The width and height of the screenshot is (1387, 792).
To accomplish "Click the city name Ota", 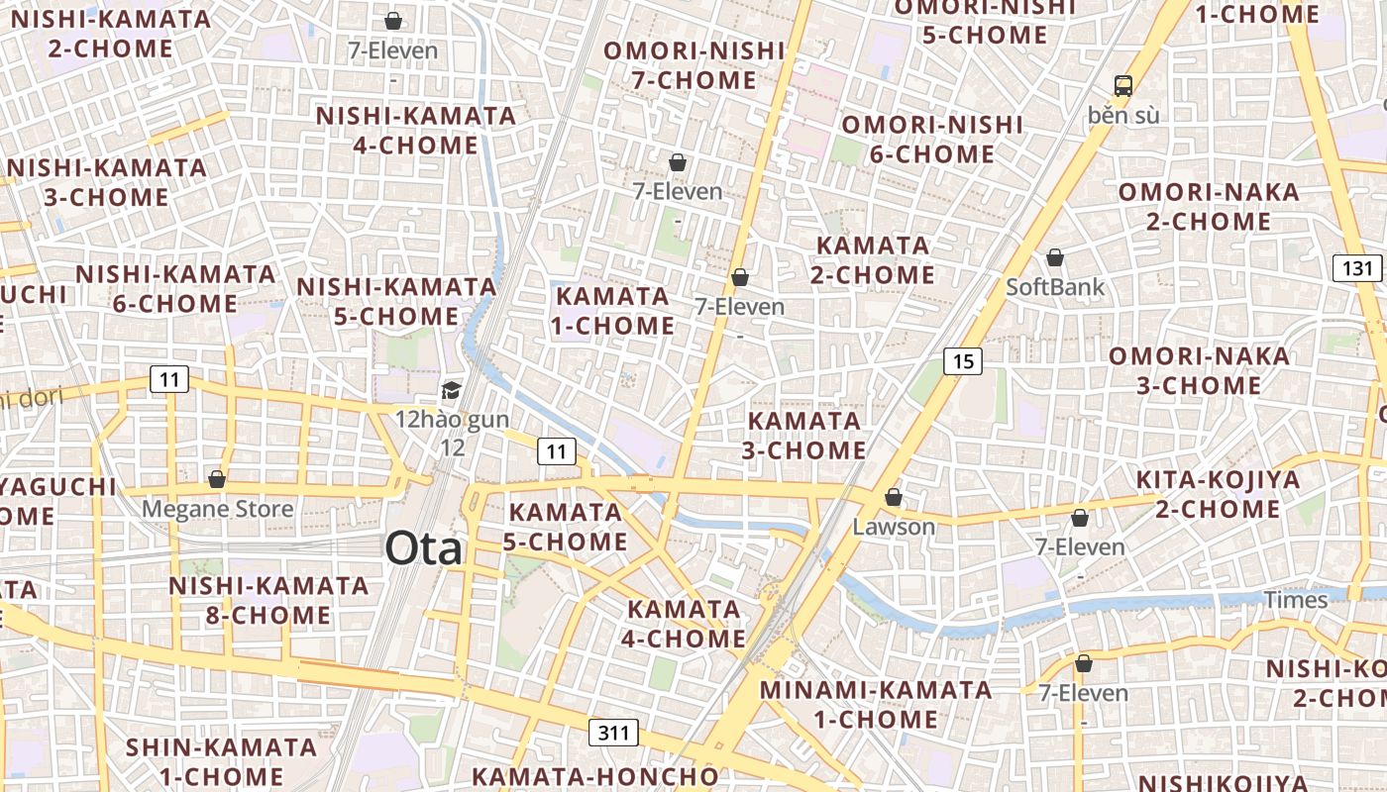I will [x=424, y=547].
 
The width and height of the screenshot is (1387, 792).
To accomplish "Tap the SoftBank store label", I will [x=1054, y=287].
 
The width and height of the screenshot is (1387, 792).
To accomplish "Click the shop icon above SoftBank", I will [x=1054, y=257].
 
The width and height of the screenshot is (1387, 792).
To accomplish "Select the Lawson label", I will [x=894, y=527].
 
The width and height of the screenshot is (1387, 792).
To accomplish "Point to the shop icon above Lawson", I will [x=894, y=497].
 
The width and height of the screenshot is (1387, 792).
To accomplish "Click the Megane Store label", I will [x=218, y=509].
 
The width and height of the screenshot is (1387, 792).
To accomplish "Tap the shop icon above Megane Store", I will [x=217, y=479].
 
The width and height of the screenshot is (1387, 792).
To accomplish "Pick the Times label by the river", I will [x=1295, y=600].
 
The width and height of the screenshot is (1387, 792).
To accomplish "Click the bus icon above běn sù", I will [x=1122, y=85].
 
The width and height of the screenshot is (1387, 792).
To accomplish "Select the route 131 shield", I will [x=1357, y=267].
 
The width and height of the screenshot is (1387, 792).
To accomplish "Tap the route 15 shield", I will [x=963, y=361].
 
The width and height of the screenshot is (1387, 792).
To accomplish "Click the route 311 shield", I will [x=614, y=733].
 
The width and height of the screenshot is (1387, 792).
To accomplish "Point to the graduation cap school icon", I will [x=452, y=390].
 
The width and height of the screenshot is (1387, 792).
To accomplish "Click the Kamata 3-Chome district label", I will [x=805, y=436].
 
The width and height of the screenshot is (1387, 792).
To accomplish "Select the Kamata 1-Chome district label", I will [x=614, y=311].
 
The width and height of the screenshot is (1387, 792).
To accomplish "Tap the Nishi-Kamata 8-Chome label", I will [x=267, y=600].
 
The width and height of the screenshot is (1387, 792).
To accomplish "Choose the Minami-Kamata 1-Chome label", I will [x=876, y=704].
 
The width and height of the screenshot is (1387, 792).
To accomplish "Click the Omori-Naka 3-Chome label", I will [x=1199, y=370].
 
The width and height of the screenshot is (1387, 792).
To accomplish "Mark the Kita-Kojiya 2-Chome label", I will [x=1218, y=494].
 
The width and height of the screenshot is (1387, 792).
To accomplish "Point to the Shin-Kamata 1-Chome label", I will [x=222, y=761].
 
